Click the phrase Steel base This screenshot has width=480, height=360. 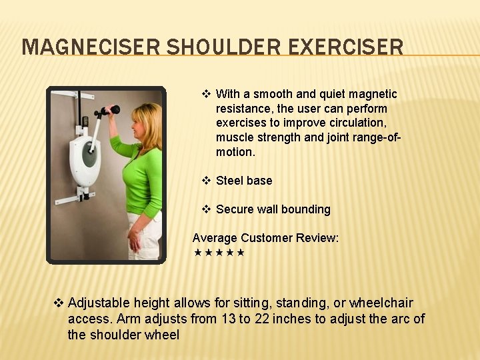(244, 181)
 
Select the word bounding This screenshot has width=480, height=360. (305, 209)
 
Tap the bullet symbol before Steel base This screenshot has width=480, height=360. (207, 181)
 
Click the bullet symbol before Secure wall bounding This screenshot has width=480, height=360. (207, 209)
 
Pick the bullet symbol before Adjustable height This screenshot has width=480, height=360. (58, 303)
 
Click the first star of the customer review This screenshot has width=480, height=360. (197, 253)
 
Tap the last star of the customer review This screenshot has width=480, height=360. (241, 253)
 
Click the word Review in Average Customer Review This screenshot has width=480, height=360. (317, 238)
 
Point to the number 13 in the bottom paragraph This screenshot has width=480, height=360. (227, 319)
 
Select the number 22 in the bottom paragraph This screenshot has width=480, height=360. (262, 319)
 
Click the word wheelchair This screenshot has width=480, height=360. (380, 303)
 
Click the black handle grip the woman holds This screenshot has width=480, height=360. (114, 109)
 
